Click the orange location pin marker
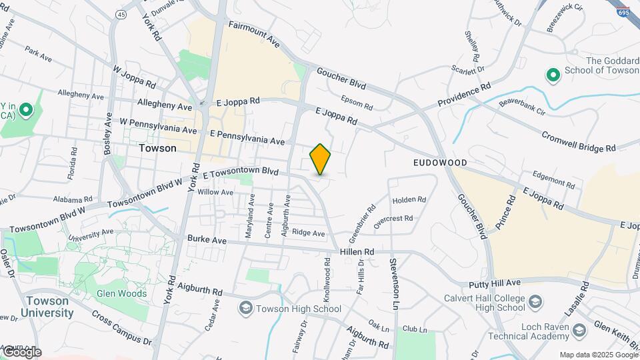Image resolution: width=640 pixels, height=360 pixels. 320,159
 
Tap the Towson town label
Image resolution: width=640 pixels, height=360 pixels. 157,148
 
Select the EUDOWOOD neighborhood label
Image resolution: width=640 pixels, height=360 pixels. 439,163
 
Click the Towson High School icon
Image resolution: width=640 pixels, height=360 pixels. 246,308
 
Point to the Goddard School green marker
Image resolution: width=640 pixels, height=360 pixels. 552,75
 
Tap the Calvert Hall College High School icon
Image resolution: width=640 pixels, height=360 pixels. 535,303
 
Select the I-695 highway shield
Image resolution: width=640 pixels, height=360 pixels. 623,12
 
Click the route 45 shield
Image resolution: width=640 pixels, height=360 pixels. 120,15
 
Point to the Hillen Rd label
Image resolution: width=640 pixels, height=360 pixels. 357,251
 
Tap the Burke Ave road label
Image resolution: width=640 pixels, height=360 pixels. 207,239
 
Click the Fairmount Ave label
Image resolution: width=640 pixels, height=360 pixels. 253,33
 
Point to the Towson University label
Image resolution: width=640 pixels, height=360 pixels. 46,307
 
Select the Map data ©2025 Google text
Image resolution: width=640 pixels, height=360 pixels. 598,355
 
